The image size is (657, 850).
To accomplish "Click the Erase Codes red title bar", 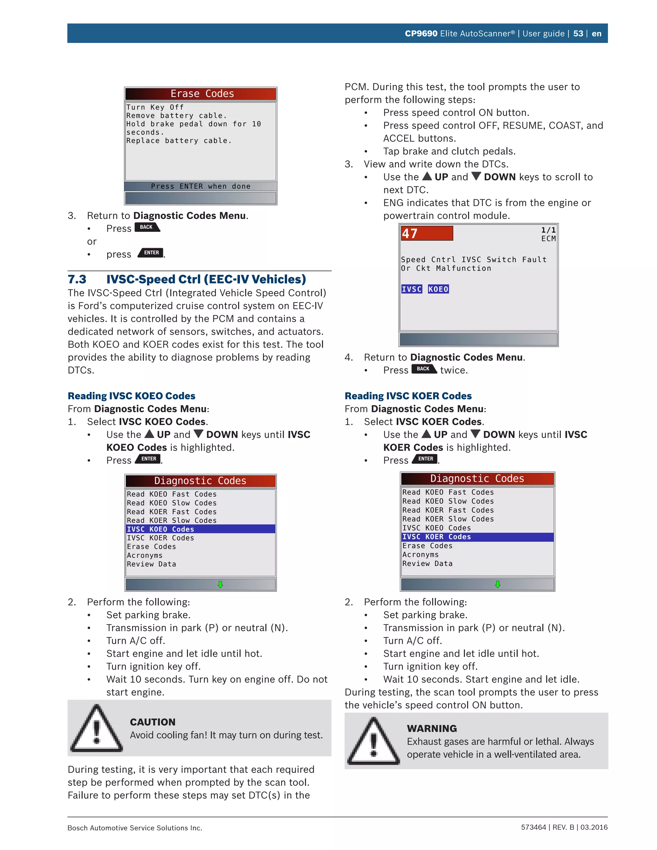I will click(x=201, y=94).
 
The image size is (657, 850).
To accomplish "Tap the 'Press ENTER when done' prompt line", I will click(x=201, y=186).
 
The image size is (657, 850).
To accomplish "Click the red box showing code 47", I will click(x=427, y=234).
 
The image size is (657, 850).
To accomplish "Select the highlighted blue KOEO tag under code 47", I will click(x=438, y=289).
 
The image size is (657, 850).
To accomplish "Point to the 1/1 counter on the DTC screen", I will click(x=548, y=230).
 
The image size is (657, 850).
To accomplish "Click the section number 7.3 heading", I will click(x=77, y=279).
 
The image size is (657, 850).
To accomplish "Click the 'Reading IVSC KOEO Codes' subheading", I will click(x=132, y=396).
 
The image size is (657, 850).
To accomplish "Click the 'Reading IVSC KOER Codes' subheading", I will click(x=408, y=396).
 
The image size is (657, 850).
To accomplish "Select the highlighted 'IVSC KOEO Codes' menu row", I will click(x=200, y=529).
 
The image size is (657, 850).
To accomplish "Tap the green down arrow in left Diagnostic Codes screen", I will click(x=220, y=584).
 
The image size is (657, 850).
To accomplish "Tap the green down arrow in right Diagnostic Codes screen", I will click(x=498, y=584).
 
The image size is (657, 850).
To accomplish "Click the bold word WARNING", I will click(x=432, y=728).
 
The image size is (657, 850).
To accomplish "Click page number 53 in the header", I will click(x=578, y=33).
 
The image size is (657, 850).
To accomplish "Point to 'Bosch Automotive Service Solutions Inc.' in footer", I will click(x=135, y=828).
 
